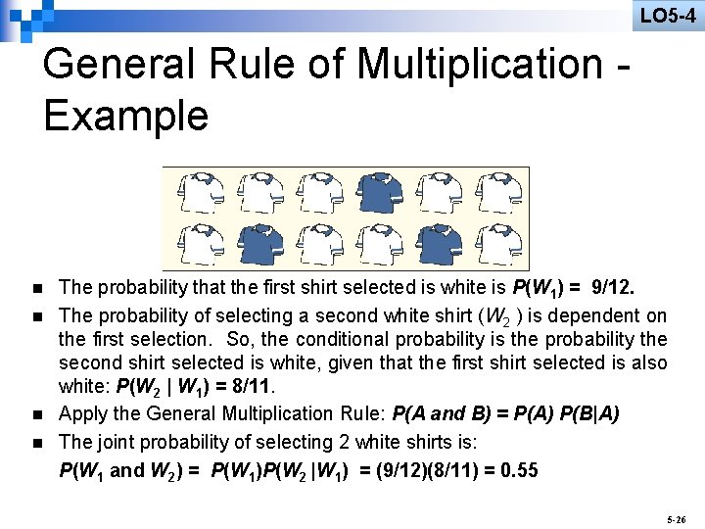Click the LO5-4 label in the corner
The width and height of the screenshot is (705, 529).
(668, 15)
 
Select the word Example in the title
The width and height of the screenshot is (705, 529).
(125, 116)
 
